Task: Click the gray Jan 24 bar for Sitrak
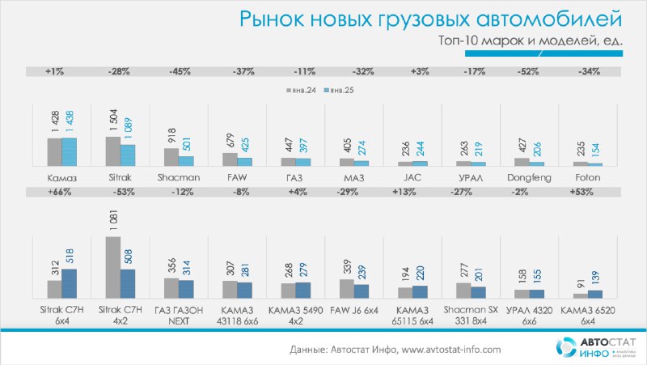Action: [x=113, y=151]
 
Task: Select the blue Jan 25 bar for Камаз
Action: [x=70, y=152]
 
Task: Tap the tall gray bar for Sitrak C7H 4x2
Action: [x=113, y=268]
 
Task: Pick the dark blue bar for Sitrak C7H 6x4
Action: [x=70, y=283]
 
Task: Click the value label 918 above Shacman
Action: [x=172, y=135]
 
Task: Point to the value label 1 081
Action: [x=114, y=220]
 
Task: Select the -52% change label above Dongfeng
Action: [x=528, y=71]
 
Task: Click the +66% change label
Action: [x=59, y=192]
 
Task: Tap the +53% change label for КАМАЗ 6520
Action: [x=581, y=192]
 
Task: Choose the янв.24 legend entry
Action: [x=302, y=90]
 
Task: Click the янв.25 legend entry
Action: [x=339, y=90]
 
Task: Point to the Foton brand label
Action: [x=588, y=177]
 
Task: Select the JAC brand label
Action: [x=412, y=177]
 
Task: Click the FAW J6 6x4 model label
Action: [x=354, y=311]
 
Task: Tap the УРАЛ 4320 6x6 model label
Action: [x=529, y=316]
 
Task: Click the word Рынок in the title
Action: [x=272, y=19]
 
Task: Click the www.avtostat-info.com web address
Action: [x=451, y=350]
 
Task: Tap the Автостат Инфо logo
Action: [x=595, y=347]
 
